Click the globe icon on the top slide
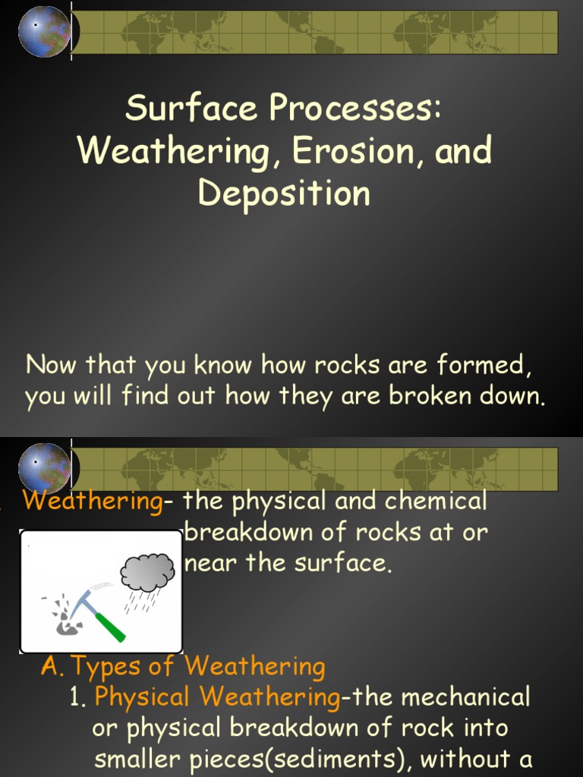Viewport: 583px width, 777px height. pos(44,31)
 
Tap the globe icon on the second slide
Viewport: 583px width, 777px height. pos(44,468)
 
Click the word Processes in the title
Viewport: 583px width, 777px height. pos(353,108)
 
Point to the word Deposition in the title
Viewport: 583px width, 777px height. pos(284,193)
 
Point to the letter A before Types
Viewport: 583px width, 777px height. pos(50,666)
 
